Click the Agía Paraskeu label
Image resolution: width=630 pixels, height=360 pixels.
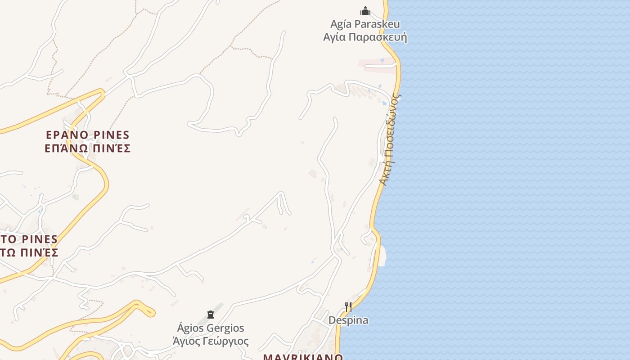click(365, 24)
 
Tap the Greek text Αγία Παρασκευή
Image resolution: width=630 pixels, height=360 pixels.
click(365, 36)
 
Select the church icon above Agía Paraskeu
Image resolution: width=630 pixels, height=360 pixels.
click(365, 11)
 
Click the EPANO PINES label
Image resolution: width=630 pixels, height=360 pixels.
click(88, 135)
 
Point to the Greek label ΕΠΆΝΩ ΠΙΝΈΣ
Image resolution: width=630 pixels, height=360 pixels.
click(88, 148)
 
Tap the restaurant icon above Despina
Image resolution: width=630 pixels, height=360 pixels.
click(348, 307)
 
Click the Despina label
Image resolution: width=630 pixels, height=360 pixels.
click(348, 320)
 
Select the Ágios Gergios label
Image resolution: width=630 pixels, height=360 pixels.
click(211, 328)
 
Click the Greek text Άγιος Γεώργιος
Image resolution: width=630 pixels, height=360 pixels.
click(211, 341)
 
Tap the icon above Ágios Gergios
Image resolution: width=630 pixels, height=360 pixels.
click(211, 314)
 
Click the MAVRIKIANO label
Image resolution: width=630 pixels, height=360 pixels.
click(303, 357)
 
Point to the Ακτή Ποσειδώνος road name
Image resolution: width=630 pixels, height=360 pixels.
click(389, 139)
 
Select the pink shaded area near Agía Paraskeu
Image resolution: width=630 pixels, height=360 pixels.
click(377, 65)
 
